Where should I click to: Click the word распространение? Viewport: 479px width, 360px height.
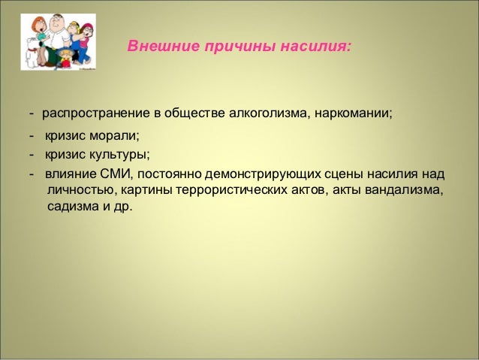point(97,113)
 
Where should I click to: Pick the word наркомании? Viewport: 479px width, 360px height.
point(353,113)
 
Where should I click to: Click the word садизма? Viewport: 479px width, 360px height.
point(73,207)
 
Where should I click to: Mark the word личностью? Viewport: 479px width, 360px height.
point(83,190)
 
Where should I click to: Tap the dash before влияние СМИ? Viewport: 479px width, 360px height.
point(32,174)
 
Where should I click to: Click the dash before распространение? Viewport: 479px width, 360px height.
point(32,113)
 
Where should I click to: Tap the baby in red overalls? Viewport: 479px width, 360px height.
point(65,58)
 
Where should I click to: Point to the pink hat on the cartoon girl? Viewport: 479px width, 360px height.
point(86,27)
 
